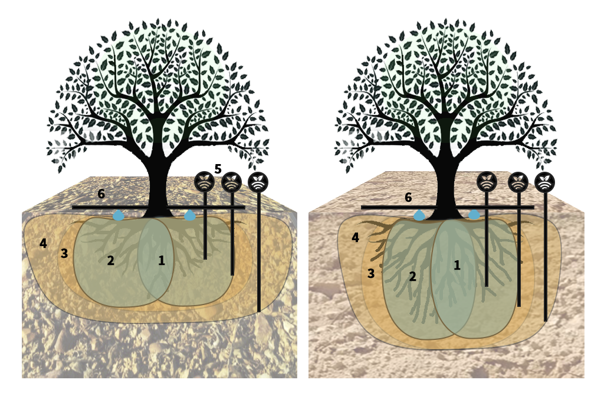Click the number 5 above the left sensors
(x=218, y=169)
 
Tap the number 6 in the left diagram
(x=101, y=194)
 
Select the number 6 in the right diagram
(x=408, y=198)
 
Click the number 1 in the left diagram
(x=162, y=260)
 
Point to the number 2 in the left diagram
(x=111, y=260)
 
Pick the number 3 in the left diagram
(x=64, y=253)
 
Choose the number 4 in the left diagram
(x=43, y=244)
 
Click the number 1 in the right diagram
(x=457, y=265)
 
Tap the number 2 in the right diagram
(x=412, y=277)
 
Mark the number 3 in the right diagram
(x=371, y=273)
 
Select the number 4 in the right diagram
(x=355, y=237)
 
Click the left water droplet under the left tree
(x=118, y=215)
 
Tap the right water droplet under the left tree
(x=190, y=215)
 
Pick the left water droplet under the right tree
(x=419, y=215)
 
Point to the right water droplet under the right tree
(x=474, y=214)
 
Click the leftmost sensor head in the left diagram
(x=205, y=181)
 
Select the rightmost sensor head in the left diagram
(x=258, y=182)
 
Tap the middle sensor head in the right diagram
(x=518, y=182)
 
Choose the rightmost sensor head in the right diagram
(x=544, y=182)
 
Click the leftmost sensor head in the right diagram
(x=487, y=182)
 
